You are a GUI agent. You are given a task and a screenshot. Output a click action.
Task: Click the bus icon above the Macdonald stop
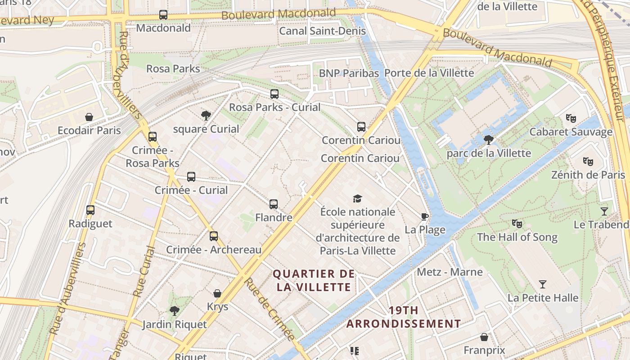163,15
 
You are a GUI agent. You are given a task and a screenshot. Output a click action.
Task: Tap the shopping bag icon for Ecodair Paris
89,117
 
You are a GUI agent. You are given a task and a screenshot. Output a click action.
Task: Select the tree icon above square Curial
206,116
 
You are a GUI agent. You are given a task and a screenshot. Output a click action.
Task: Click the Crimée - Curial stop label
191,190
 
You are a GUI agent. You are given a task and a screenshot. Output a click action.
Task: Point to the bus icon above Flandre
274,204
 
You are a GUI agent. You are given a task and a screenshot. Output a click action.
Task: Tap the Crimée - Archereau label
214,250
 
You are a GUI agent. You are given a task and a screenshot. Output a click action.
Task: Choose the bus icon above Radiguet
90,210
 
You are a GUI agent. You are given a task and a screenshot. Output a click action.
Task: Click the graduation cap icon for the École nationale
357,198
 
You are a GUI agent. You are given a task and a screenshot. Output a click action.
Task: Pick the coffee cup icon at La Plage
424,217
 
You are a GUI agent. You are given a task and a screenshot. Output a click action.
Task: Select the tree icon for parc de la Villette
488,140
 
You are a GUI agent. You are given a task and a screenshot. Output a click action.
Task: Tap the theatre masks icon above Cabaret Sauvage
571,118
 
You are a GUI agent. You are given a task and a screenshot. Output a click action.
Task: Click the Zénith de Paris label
588,175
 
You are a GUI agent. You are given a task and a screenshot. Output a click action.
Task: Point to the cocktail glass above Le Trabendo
604,211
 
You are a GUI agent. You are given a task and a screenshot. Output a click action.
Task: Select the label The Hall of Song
517,237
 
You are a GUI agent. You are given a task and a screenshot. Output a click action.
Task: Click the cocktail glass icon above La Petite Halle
543,284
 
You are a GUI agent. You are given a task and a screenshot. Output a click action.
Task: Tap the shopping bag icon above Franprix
484,337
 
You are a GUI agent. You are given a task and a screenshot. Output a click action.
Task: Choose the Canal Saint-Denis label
322,31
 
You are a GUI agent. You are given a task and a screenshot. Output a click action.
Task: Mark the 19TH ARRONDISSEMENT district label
404,317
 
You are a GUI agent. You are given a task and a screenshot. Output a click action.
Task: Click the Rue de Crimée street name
269,309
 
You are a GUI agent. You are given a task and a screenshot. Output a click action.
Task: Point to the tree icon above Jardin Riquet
174,310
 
